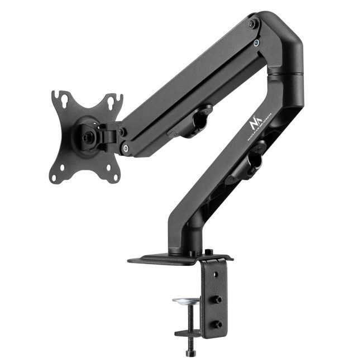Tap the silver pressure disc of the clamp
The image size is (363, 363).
(x=184, y=302)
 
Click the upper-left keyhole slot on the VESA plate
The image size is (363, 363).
(x=65, y=100)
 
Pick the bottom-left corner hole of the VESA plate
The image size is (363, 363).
(x=54, y=178)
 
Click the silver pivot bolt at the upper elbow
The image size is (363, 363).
(x=256, y=43)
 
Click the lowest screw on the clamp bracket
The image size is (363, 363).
(x=218, y=324)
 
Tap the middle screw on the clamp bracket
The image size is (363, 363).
(x=218, y=299)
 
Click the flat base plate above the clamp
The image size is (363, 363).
(x=162, y=257)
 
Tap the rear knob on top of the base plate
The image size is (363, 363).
(x=208, y=252)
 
